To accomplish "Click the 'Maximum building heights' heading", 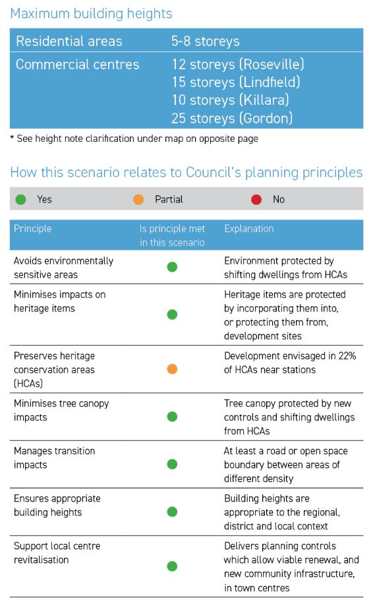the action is click(91, 14).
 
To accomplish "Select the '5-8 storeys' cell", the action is click(205, 41).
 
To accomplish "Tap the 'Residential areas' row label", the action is click(69, 41).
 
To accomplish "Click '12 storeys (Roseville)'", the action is click(238, 64).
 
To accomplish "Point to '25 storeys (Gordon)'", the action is click(232, 118).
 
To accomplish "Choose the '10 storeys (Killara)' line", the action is click(231, 100).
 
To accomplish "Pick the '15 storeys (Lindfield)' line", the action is click(236, 82).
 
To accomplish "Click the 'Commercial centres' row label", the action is click(77, 64).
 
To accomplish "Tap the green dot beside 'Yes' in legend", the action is click(20, 199).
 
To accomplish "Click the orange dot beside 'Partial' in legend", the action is click(138, 199).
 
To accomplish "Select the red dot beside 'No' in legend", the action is click(256, 199).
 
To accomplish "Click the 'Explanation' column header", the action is click(249, 228).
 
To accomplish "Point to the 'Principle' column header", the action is click(32, 228).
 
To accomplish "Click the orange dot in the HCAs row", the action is click(172, 369).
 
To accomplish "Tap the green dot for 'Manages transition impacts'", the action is click(172, 464).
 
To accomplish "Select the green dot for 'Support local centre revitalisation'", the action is click(172, 566).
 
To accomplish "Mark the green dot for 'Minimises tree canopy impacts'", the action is click(172, 416).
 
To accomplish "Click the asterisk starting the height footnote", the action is click(13, 138).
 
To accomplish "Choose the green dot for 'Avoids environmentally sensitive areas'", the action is click(172, 267).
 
